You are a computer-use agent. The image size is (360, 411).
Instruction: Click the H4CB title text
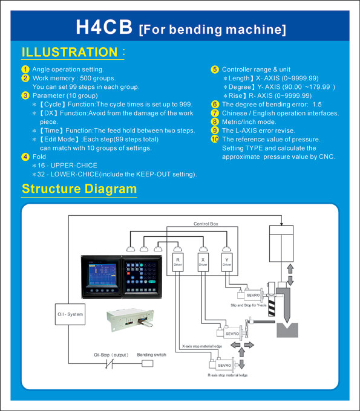point(104,27)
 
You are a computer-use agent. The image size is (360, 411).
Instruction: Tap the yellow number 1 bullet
point(25,70)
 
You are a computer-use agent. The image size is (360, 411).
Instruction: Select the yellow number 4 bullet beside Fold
point(25,157)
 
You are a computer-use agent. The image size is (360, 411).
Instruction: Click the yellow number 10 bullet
point(215,139)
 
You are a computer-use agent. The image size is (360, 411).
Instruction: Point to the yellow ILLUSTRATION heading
point(70,52)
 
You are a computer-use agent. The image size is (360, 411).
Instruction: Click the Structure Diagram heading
point(79,189)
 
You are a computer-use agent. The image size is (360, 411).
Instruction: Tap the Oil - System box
point(70,314)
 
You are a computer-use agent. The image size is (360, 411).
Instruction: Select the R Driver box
point(178,262)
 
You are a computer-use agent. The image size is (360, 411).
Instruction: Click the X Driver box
point(203,262)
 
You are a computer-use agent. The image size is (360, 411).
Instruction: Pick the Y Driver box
point(227,262)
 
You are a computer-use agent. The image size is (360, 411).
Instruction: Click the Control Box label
point(206,224)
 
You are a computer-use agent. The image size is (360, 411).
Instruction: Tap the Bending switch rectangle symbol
point(148,363)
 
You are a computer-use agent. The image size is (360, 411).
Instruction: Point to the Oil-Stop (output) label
point(111,355)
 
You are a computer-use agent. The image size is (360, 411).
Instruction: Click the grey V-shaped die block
point(287,330)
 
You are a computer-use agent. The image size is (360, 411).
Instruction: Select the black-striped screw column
point(272,307)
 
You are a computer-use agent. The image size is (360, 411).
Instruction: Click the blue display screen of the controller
point(102,274)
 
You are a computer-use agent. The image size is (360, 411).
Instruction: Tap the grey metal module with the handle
point(130,319)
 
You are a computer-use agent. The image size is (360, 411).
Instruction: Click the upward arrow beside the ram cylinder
point(290,269)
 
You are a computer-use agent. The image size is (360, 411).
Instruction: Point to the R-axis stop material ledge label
point(227,375)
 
